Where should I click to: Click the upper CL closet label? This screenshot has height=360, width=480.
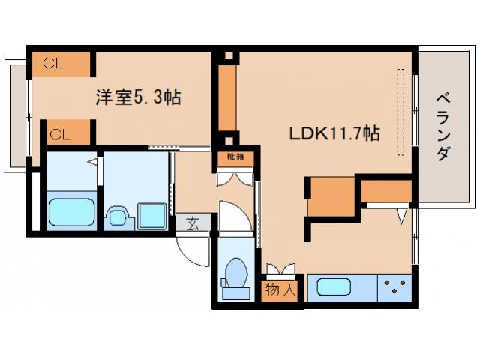[54, 64]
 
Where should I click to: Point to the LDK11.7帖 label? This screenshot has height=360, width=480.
[334, 134]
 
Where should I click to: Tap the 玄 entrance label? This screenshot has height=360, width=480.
[193, 223]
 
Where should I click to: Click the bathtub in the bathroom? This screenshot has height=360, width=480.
[72, 213]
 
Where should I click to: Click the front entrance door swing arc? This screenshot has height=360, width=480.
[193, 250]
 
